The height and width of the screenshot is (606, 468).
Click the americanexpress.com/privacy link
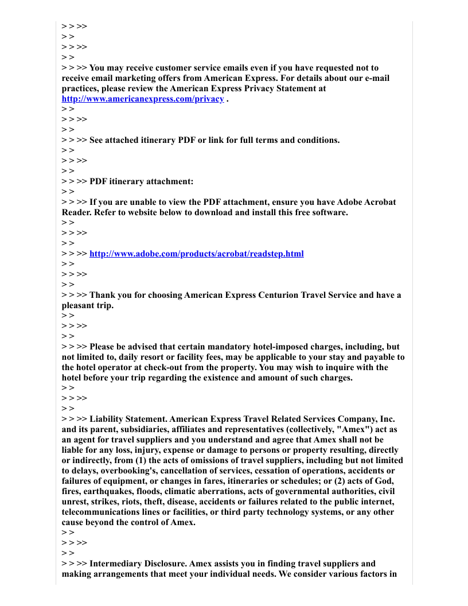click(143, 99)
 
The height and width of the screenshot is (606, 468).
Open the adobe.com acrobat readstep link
click(197, 254)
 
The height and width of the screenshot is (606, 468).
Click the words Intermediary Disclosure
click(138, 564)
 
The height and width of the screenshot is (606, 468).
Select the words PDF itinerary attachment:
click(142, 181)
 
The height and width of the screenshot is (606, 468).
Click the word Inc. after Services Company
click(386, 419)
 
